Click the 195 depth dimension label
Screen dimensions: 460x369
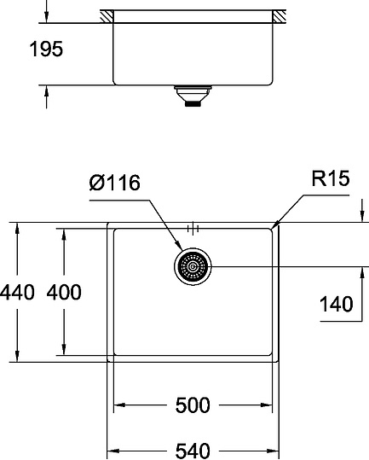(45, 49)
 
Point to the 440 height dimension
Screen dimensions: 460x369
(17, 293)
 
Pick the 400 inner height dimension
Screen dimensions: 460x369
(64, 293)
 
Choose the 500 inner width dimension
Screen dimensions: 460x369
(193, 405)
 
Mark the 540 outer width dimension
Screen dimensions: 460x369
(193, 449)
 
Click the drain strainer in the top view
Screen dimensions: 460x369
(193, 267)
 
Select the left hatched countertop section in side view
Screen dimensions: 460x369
(107, 16)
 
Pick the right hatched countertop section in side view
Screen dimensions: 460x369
(279, 16)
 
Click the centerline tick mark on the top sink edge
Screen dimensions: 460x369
(193, 228)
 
